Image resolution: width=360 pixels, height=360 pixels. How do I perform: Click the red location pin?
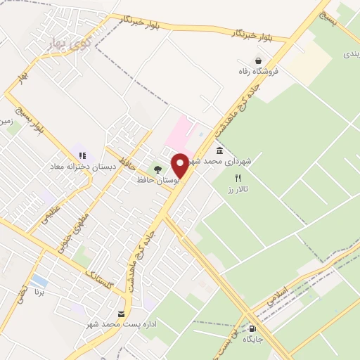pos(180,165)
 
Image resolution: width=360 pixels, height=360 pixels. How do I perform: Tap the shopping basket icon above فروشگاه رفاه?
pos(259,60)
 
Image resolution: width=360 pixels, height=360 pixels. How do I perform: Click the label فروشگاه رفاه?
pos(259,71)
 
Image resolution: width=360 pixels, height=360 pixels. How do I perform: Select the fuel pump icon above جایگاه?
pos(252,328)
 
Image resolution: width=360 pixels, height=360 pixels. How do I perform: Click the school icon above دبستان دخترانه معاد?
pos(82,155)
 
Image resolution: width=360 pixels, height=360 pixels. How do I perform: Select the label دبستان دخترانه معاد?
pos(79,167)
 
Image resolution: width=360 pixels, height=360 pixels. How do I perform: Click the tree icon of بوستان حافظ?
pos(157,169)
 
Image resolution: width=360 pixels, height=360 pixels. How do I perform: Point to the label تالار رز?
pos(238,189)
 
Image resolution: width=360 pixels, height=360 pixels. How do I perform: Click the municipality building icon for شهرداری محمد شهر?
pos(220,151)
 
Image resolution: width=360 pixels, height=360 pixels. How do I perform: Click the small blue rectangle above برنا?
pos(39,281)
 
